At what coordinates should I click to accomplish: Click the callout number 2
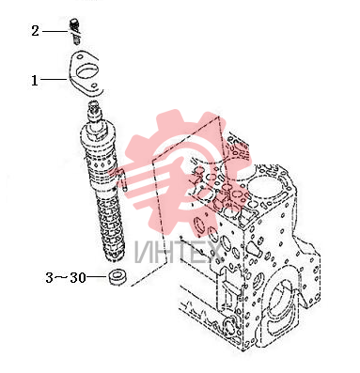point(35,31)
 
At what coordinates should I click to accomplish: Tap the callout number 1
point(35,80)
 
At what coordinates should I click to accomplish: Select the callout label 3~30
point(66,277)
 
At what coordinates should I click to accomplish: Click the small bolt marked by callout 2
point(74,31)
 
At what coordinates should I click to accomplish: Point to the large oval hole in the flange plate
point(87,71)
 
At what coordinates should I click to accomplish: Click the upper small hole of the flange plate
point(80,57)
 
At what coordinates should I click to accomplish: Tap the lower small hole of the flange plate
point(93,85)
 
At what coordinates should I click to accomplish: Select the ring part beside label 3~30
point(117,276)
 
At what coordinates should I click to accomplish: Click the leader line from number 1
point(54,80)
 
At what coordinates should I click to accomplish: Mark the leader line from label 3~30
point(98,276)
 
